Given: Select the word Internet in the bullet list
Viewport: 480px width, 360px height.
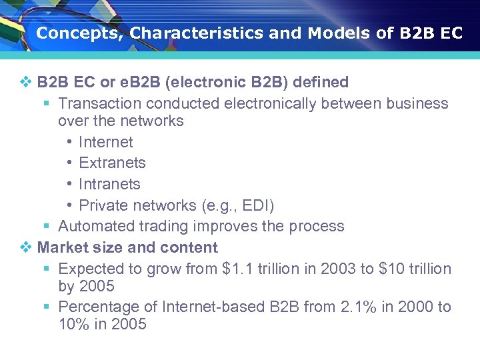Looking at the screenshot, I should (105, 142).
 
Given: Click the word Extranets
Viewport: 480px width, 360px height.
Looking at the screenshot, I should (112, 163).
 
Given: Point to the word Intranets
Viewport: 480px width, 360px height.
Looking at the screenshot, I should (109, 184).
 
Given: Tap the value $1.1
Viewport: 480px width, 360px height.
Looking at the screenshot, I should (237, 269).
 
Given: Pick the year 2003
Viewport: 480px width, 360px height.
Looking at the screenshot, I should (339, 269).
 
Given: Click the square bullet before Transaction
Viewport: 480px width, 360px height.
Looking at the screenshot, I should (46, 104).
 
